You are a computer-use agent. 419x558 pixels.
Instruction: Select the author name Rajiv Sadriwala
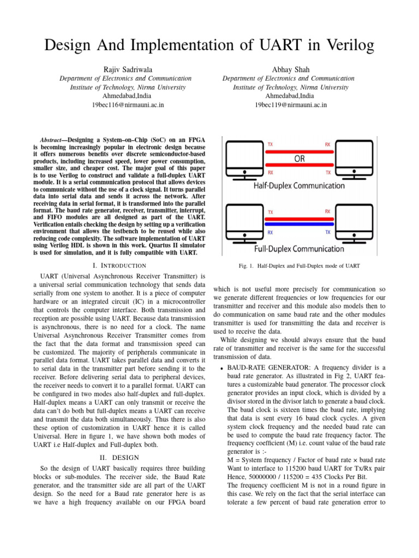[x=125, y=69]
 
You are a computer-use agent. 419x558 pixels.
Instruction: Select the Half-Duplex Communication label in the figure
[x=299, y=186]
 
